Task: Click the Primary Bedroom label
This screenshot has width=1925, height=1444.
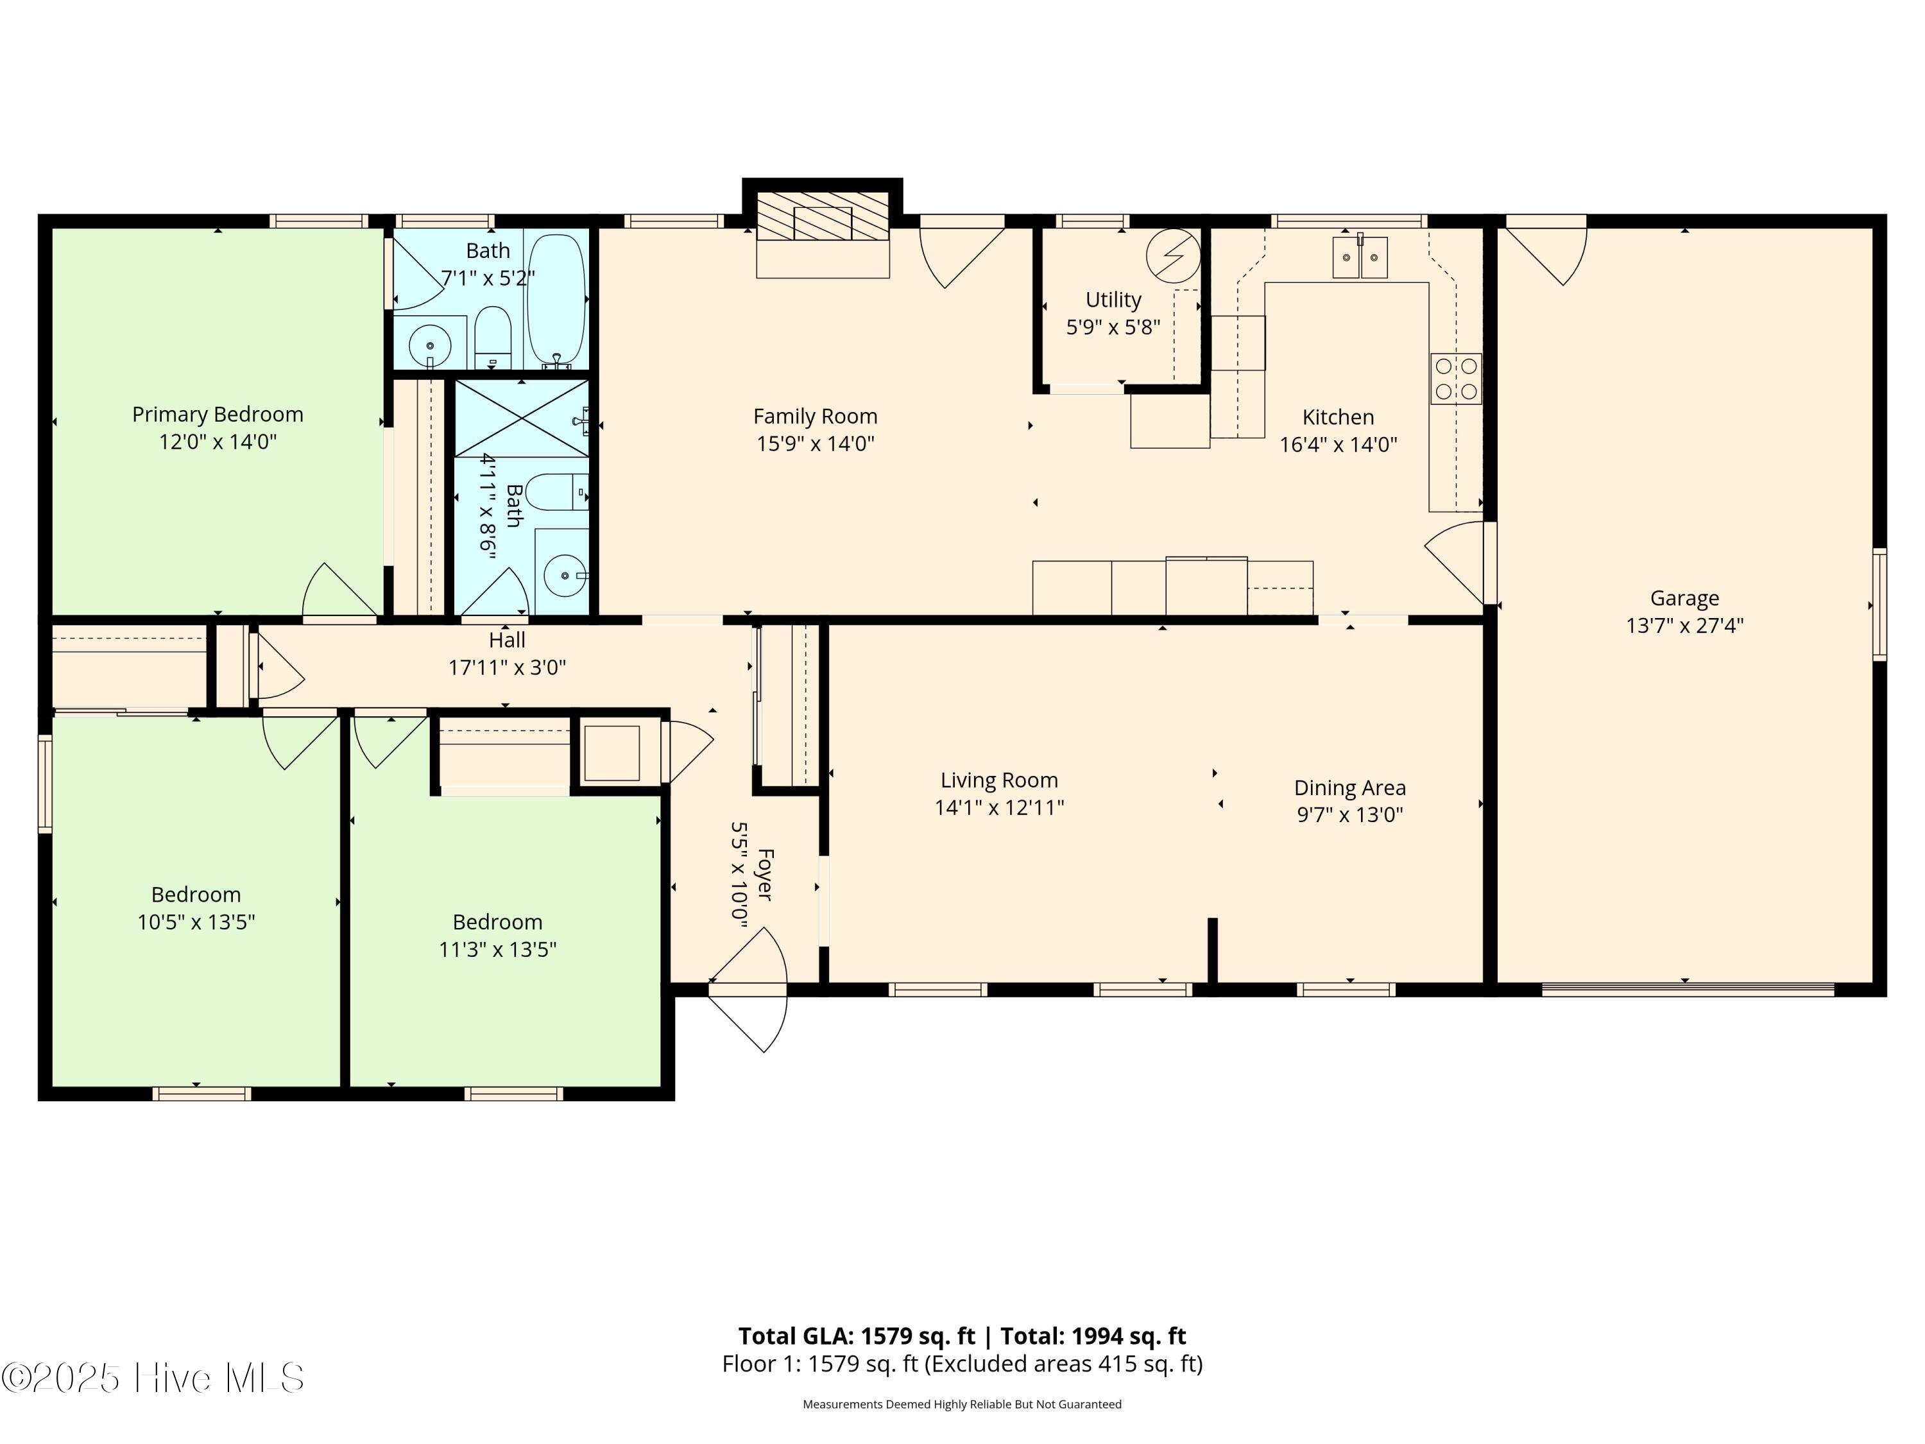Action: tap(218, 415)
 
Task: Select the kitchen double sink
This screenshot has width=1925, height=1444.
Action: tap(1359, 257)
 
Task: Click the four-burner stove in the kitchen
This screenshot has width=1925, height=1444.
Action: tap(1456, 379)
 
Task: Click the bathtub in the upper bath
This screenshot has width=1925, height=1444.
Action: tap(556, 298)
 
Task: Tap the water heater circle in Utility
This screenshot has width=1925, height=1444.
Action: tap(1172, 256)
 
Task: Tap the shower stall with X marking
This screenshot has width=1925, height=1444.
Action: tap(521, 418)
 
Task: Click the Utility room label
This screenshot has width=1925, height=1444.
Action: tap(1113, 300)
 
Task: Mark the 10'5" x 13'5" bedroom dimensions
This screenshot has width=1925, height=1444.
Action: tap(196, 922)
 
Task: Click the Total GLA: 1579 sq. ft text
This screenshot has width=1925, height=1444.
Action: tap(857, 1336)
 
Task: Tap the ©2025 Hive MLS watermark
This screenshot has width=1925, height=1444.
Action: tap(153, 1378)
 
